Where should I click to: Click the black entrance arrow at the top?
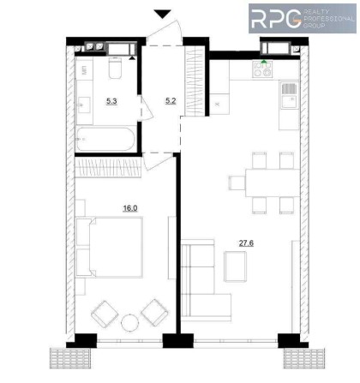[163, 13]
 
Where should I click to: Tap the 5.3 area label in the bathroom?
[112, 101]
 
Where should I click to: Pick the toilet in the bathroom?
[114, 68]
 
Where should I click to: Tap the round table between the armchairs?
[130, 323]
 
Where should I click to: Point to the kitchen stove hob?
[263, 71]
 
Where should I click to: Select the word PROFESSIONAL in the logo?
[328, 19]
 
